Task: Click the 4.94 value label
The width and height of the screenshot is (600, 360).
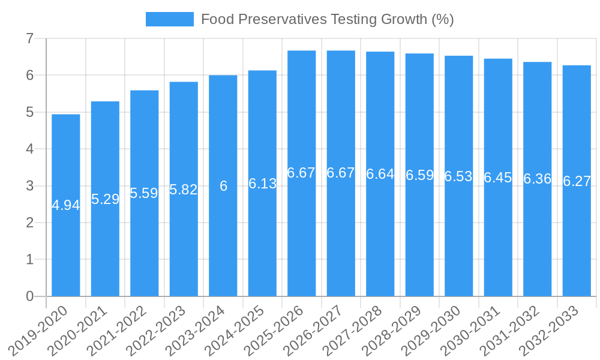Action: coord(66,205)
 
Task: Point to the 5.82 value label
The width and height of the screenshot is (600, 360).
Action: coord(184,190)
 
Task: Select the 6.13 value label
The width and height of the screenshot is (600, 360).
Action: coord(263,184)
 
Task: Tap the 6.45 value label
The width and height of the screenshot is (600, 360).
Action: coord(498,178)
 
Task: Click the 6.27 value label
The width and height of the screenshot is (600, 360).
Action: coord(577,181)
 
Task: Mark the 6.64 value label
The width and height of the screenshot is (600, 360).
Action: coord(380,174)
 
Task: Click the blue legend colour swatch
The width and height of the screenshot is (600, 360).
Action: coord(170,19)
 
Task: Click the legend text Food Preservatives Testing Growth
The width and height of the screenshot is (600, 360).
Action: coord(327,19)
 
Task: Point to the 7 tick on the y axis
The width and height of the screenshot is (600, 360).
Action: coord(29,38)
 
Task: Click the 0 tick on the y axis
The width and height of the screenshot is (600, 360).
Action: coord(29,296)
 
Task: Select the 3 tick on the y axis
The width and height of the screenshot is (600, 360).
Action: coord(29,186)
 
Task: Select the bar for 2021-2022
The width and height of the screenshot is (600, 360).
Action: coord(145,240)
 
